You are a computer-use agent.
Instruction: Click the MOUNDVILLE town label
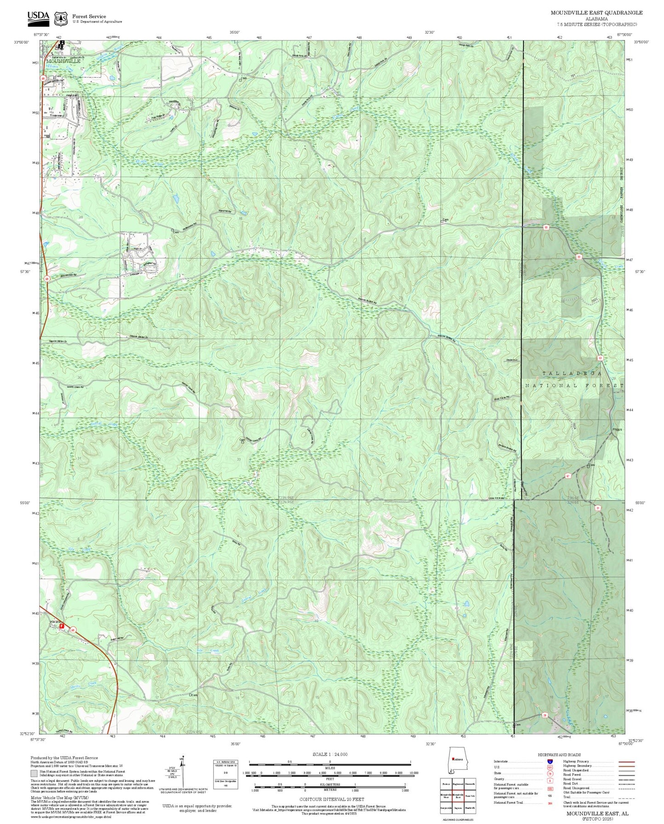click(x=63, y=61)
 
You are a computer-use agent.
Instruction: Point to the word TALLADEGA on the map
click(x=572, y=373)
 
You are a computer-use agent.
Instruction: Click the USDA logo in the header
click(x=38, y=17)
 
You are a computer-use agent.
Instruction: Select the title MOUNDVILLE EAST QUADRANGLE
click(x=596, y=12)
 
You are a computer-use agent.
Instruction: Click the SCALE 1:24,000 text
click(x=329, y=754)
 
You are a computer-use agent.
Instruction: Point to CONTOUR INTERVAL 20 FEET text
click(x=331, y=799)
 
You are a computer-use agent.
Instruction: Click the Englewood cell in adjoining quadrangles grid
click(x=458, y=784)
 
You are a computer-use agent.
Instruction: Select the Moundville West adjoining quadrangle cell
click(x=446, y=796)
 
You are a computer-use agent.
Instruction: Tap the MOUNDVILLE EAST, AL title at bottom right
click(x=597, y=813)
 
